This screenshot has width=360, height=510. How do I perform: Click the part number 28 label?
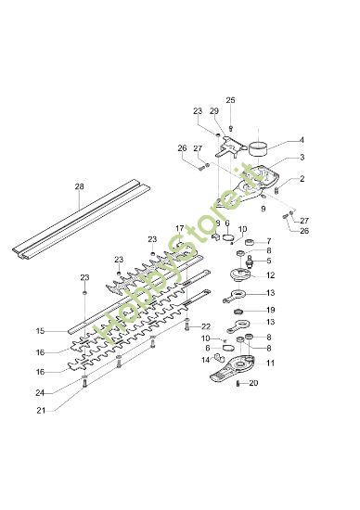79,186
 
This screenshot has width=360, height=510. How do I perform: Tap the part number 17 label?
179,228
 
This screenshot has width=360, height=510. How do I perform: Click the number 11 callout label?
270,363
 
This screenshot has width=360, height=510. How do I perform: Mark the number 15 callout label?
40,331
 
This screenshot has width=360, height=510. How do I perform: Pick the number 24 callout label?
40,392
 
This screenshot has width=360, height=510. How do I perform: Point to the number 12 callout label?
270,274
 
